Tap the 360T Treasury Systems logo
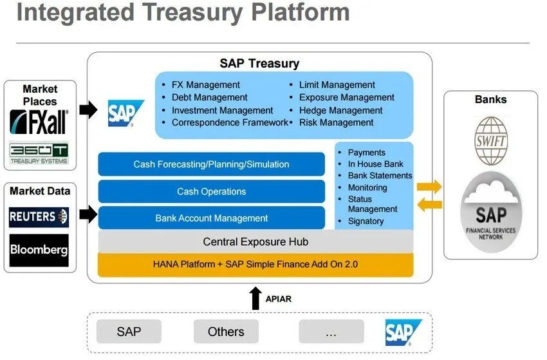pos(39,153)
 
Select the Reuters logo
pos(39,217)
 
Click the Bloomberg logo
pos(39,250)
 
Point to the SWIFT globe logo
pos(490,140)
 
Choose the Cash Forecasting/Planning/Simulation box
pos(211,164)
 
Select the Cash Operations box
pos(211,191)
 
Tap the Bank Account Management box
pos(211,218)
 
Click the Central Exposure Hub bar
pos(255,242)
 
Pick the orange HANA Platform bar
pos(255,264)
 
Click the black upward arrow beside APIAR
pos(255,298)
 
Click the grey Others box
pos(226,332)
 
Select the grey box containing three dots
pos(331,332)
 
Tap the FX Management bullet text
pos(205,85)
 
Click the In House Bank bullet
pos(375,164)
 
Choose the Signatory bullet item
pos(366,221)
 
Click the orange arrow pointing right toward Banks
pos(429,187)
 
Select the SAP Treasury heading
pos(259,63)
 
